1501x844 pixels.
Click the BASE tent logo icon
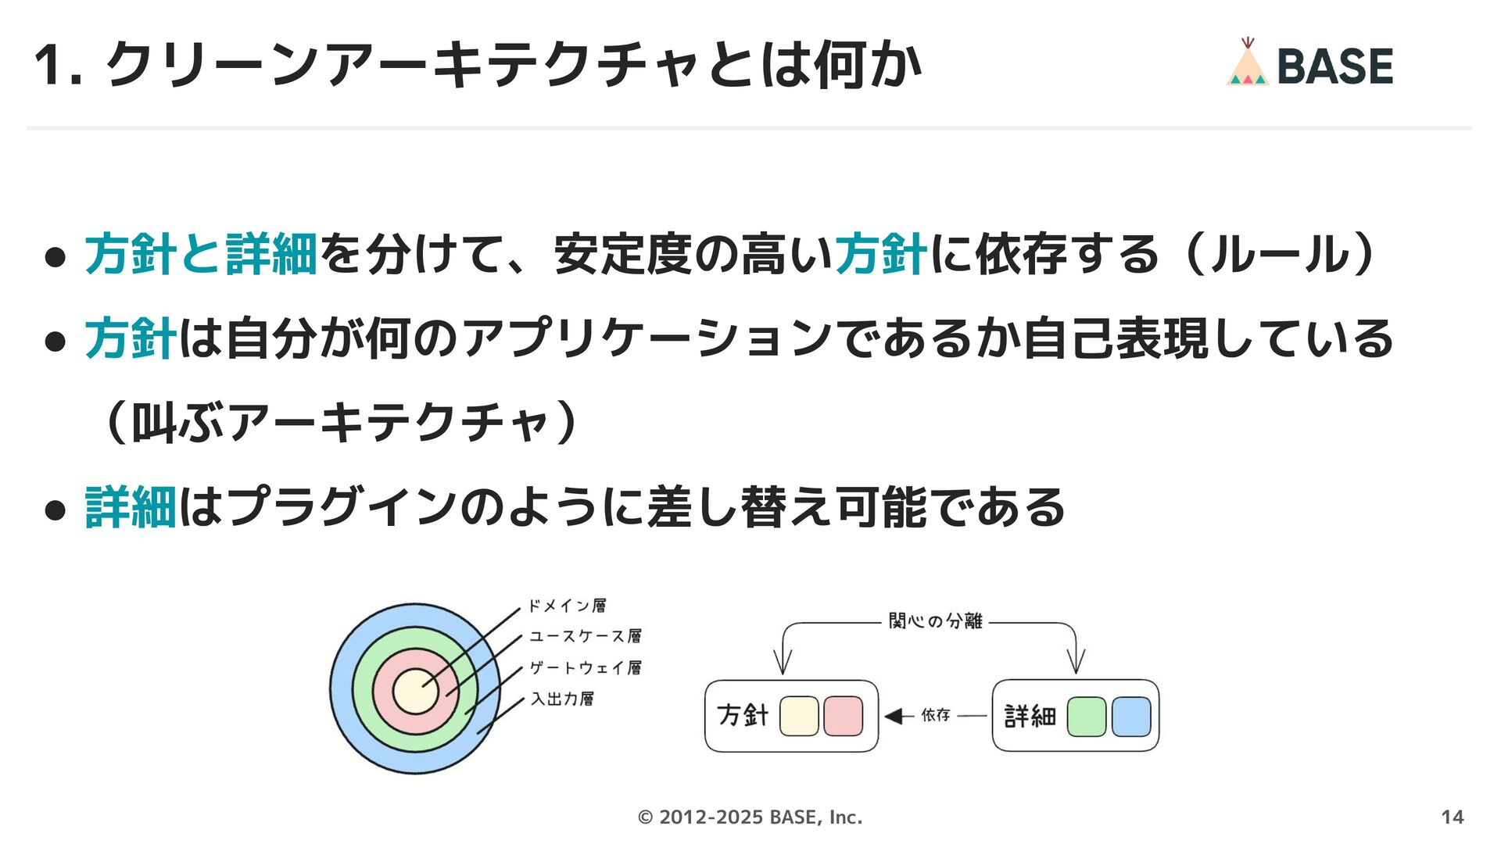coord(1247,63)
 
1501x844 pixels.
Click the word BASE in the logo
coord(1334,66)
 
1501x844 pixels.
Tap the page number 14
coord(1452,817)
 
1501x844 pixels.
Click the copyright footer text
coord(750,817)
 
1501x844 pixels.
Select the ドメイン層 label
coord(567,606)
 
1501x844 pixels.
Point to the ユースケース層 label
coord(585,636)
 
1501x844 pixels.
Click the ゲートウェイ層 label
coord(585,667)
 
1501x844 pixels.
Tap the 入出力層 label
coord(562,699)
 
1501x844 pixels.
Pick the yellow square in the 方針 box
coord(799,716)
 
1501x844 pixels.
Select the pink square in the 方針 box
coord(843,716)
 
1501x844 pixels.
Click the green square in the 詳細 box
coord(1086,717)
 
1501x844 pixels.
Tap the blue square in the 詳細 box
coord(1130,717)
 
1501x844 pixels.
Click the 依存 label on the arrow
coord(935,715)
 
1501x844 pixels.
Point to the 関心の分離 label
coord(935,621)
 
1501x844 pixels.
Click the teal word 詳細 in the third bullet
coord(131,507)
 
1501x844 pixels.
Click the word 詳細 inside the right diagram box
coord(1030,716)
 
